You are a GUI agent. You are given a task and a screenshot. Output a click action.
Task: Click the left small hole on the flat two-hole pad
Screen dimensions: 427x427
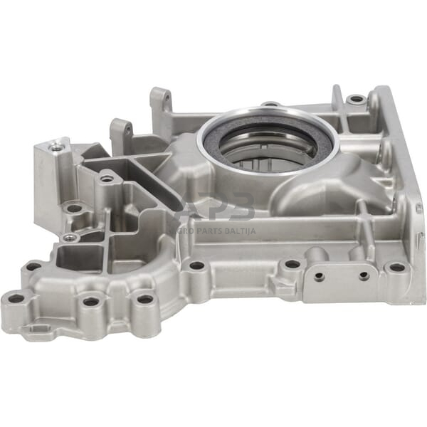point(320,275)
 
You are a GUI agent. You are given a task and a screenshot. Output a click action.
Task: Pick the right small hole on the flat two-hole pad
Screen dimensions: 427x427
point(364,275)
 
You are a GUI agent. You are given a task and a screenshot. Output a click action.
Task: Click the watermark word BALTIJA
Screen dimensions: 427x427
point(236,230)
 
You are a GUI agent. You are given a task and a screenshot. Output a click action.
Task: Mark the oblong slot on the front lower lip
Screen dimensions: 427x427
point(38,328)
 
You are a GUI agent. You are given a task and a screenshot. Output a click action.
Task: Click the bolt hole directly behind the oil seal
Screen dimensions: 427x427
point(270,105)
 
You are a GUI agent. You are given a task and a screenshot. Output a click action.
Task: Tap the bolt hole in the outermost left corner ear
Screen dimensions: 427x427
point(15,298)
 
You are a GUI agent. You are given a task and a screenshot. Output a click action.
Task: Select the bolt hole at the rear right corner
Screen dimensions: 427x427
point(356,99)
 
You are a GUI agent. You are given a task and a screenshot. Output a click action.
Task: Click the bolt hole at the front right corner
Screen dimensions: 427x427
point(396,268)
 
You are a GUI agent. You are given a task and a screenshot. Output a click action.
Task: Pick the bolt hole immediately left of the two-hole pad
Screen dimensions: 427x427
point(292,264)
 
